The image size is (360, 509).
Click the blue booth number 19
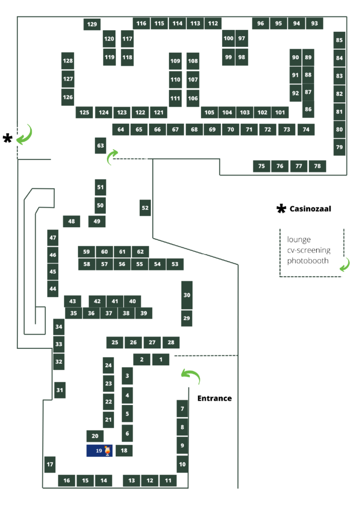tap(99, 450)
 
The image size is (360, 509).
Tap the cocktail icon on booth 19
tap(107, 450)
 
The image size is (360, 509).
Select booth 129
tap(92, 24)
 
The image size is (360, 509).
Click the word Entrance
tap(215, 398)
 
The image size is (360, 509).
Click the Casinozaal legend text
tap(310, 209)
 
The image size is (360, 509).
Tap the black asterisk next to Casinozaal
tap(281, 209)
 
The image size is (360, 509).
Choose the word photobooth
tap(308, 260)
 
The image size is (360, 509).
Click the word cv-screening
tap(309, 251)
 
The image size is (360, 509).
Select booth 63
tap(100, 146)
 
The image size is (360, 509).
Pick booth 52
tap(145, 208)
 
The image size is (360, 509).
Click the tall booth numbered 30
tap(186, 295)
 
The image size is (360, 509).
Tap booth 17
tap(50, 464)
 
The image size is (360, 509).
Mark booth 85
tap(339, 40)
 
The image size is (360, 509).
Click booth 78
tap(317, 166)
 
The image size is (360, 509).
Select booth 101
tap(280, 113)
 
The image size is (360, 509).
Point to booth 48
tap(72, 221)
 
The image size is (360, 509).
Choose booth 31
tap(60, 390)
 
